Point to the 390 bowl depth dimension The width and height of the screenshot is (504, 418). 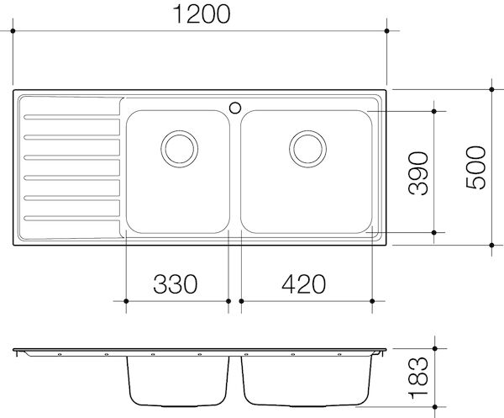coord(417,172)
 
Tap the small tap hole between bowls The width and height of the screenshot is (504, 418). coord(235,106)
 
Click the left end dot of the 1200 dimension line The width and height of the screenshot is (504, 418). coord(14,31)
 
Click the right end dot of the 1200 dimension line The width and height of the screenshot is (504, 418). coord(386,31)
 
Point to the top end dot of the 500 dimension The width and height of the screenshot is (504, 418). coord(492,88)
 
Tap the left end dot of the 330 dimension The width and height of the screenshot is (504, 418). coord(125,300)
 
